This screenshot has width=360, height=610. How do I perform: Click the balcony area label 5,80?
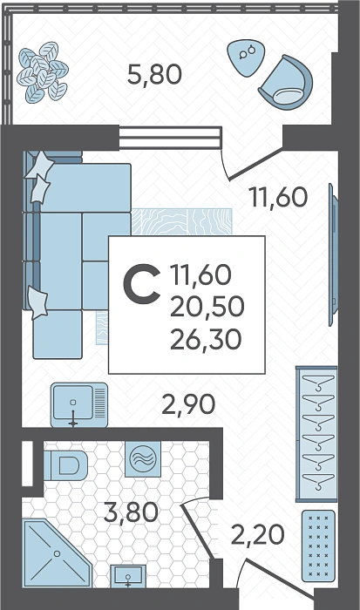pos(154,75)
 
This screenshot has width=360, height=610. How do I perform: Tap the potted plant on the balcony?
pos(43,72)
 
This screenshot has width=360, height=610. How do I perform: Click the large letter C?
pos(142,283)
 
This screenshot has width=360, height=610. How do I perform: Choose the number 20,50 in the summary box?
pos(207,306)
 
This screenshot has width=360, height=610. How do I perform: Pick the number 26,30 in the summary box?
pos(206,339)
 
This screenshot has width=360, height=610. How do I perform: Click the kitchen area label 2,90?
pos(188,404)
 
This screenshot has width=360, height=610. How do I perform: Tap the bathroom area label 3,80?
pos(131,512)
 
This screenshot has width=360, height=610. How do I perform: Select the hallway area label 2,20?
pos(257,534)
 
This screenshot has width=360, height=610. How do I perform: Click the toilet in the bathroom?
pos(65,465)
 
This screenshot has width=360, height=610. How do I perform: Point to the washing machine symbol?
pos(143,458)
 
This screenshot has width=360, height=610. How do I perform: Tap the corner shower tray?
pos(58,552)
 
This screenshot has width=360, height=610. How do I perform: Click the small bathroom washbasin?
pos(128,576)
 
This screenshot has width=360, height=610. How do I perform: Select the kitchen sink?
pos(79,404)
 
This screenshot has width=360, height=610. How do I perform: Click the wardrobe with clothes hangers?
pos(316,434)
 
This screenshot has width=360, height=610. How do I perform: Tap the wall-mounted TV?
pos(333,254)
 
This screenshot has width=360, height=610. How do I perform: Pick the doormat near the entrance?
pos(318,546)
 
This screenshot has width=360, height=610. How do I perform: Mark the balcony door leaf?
pos(255,165)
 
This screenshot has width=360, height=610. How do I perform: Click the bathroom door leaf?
pos(197,531)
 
